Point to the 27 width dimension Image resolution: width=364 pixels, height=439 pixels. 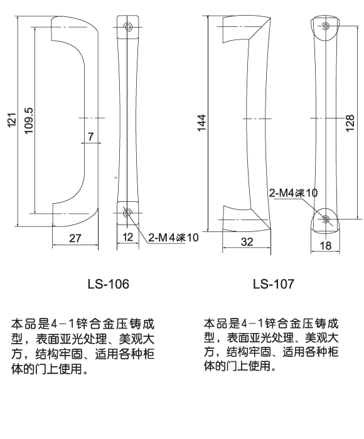tap(74, 238)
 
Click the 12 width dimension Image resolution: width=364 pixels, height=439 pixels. tap(127, 238)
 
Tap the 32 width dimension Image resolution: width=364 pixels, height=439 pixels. tap(247, 240)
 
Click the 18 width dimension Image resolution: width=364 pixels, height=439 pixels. tap(326, 246)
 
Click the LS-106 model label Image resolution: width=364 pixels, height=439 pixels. tap(108, 284)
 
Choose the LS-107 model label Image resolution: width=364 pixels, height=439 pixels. tap(273, 284)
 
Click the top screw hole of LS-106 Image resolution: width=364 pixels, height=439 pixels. tap(128, 27)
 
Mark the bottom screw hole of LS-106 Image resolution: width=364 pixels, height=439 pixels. tap(128, 213)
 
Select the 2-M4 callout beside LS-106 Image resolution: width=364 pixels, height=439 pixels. tap(173, 238)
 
